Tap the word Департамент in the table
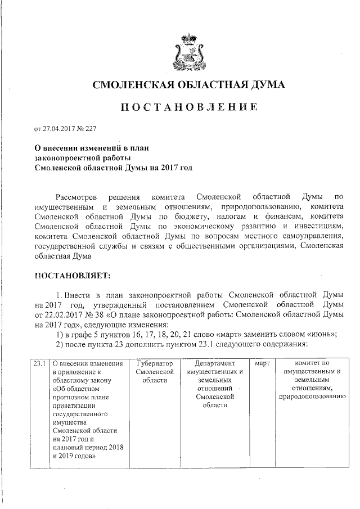click(x=214, y=364)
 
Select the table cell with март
click(x=263, y=364)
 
